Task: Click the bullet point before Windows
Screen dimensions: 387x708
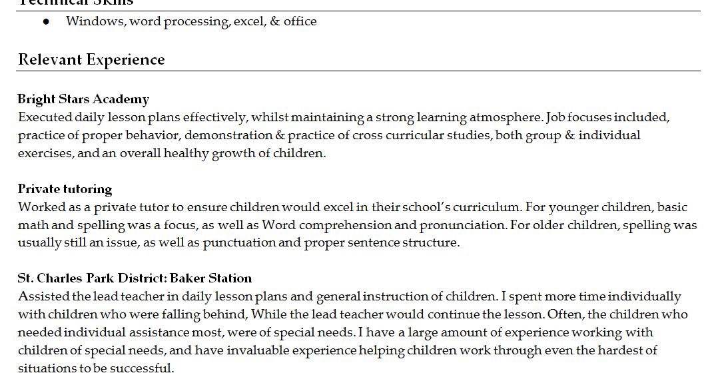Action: pyautogui.click(x=46, y=21)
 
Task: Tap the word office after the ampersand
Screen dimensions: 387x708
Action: pyautogui.click(x=300, y=21)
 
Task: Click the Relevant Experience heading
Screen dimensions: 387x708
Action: pyautogui.click(x=91, y=60)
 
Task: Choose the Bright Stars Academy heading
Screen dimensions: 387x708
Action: pyautogui.click(x=83, y=99)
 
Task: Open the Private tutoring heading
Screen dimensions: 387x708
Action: pyautogui.click(x=65, y=189)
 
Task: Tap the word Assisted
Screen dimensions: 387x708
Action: pyautogui.click(x=42, y=296)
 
